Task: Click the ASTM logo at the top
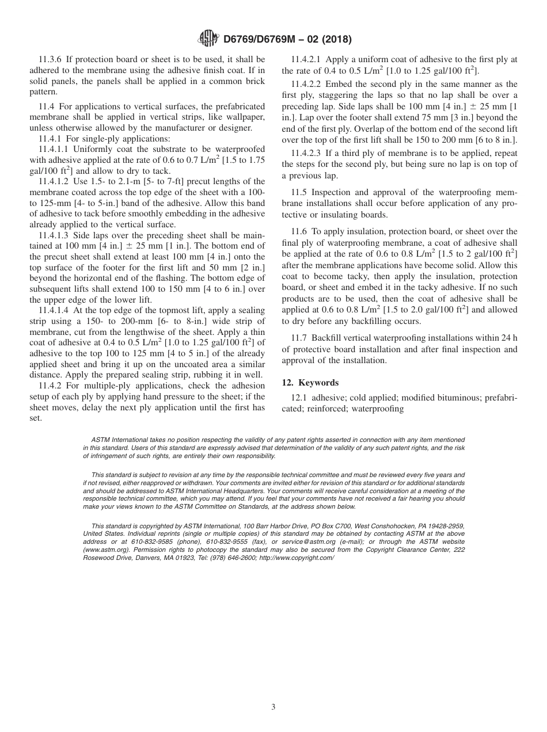point(208,39)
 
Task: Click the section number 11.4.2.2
point(308,85)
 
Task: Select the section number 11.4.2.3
point(308,154)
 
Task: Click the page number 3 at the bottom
point(273,707)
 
